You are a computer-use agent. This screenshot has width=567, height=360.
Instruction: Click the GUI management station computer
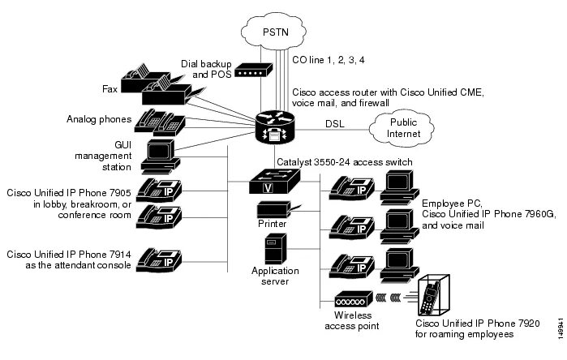pos(159,156)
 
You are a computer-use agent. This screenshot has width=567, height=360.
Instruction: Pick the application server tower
pos(272,251)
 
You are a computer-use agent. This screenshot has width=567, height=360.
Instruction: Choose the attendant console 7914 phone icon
pos(158,259)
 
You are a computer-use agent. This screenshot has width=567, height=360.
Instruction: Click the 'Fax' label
pos(112,88)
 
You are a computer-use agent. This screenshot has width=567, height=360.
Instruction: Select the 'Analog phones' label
pos(100,119)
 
